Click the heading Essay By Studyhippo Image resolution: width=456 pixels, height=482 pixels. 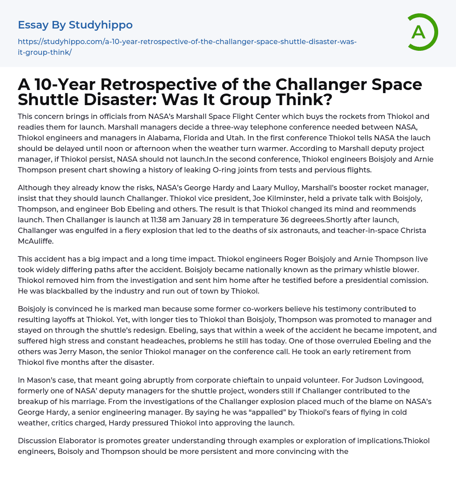point(75,25)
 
